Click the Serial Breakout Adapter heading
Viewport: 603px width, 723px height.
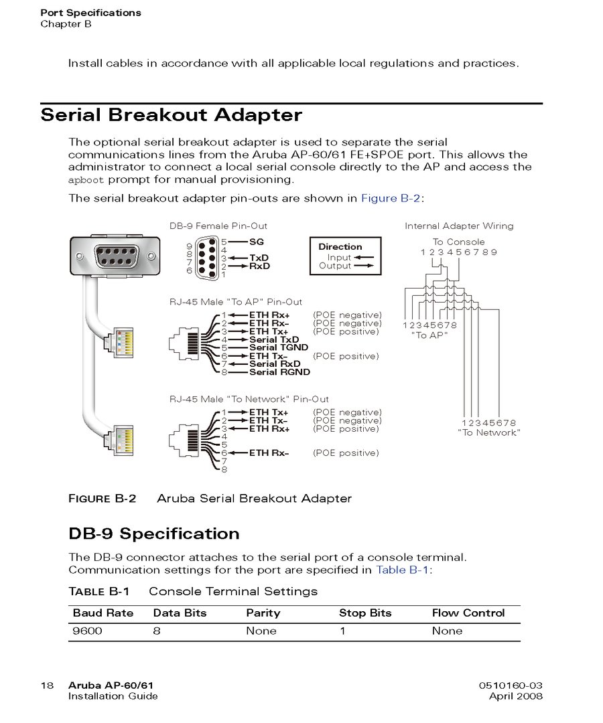coord(172,115)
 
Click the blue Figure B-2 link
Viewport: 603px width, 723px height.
coord(391,198)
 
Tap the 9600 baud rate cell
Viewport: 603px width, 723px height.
coord(88,631)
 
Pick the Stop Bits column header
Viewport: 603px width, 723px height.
coord(365,613)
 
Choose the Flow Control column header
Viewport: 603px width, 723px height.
coord(468,613)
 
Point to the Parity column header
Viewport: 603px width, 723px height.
coord(263,613)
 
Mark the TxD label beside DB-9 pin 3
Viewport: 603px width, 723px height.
coord(259,258)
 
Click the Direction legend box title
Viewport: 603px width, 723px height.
coord(340,246)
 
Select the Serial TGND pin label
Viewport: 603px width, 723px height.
coord(279,348)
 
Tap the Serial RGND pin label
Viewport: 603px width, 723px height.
coord(280,372)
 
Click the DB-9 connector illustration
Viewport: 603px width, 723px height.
coord(117,255)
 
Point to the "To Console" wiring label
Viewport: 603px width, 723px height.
coord(459,242)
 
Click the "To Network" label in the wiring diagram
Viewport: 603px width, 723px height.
coord(489,433)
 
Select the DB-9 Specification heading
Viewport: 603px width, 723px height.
coord(154,534)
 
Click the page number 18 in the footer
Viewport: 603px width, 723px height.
coord(47,686)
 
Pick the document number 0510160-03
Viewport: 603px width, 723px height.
coord(511,686)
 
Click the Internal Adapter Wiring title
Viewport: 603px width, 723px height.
coord(459,226)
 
